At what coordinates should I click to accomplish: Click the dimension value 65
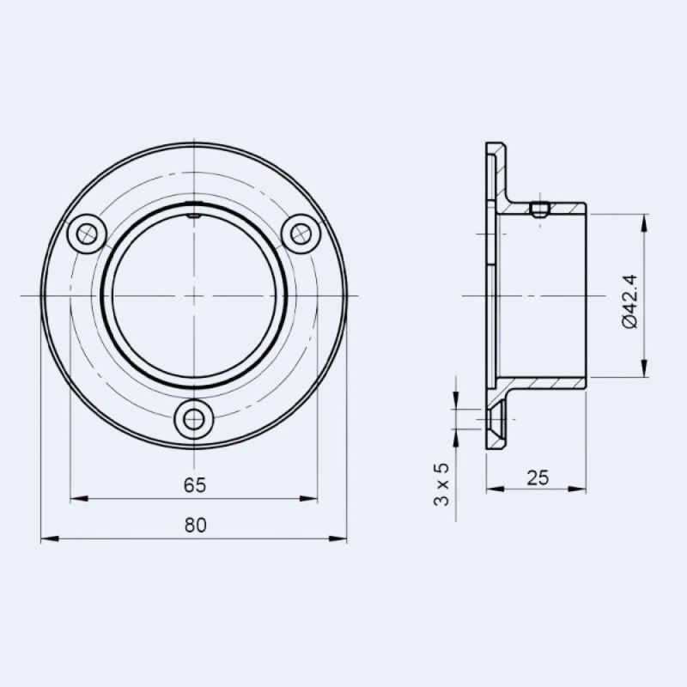coord(195,485)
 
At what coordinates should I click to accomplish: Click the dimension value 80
coord(195,526)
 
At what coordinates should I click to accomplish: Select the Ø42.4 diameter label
coord(629,301)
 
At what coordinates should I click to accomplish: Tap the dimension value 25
coord(538,478)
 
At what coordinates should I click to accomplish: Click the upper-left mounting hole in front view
coord(87,233)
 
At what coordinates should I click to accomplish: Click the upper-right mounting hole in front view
coord(301,233)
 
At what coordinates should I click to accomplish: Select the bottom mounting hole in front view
coord(194,419)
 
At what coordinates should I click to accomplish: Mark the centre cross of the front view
coord(194,295)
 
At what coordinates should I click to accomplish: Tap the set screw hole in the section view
coord(538,210)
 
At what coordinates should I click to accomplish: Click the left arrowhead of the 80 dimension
coord(47,539)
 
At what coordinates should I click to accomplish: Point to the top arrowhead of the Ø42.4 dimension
coord(644,221)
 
